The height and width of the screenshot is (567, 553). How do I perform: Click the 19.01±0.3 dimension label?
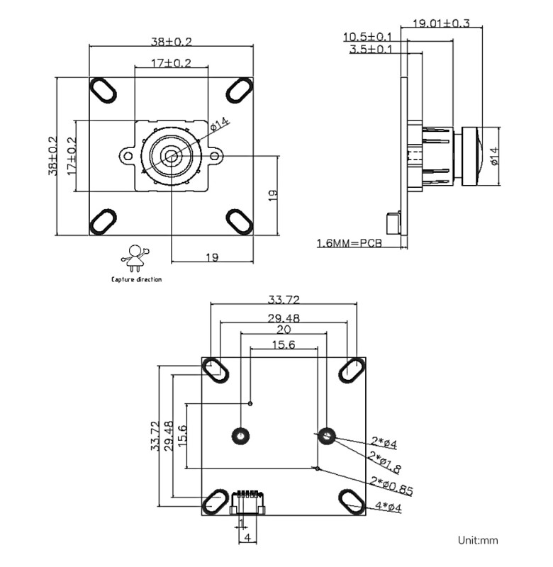[441, 23]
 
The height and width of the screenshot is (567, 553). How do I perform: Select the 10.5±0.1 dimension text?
[367, 36]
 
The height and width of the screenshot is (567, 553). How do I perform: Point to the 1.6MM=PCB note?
[349, 243]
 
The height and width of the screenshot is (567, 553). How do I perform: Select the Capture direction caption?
[136, 279]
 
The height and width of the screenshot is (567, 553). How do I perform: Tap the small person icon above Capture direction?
[135, 257]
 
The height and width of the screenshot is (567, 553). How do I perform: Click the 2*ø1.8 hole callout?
[385, 461]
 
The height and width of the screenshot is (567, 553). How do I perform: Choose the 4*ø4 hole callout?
[387, 507]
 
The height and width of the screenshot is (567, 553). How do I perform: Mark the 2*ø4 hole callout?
[383, 444]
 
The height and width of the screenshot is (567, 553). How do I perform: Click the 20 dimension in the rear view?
[284, 330]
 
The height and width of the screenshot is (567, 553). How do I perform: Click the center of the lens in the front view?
[171, 155]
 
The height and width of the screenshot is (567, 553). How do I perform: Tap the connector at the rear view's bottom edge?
[247, 503]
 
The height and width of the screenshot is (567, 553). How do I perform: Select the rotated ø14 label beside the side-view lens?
[494, 156]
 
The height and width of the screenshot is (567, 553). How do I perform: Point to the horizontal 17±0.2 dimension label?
[171, 63]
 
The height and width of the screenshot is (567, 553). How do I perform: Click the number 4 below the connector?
[247, 538]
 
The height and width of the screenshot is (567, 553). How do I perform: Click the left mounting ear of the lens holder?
[126, 155]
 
